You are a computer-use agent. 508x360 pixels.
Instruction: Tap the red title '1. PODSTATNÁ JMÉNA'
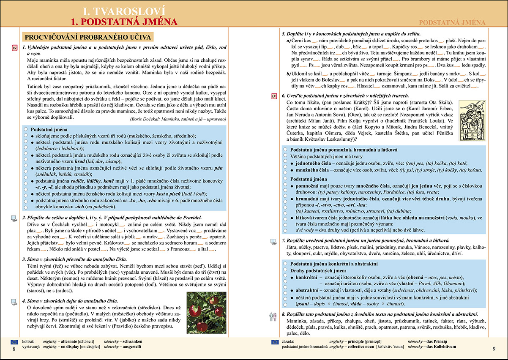[x=124, y=22]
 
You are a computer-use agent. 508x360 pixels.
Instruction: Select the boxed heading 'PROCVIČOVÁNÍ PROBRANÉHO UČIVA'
[x=88, y=37]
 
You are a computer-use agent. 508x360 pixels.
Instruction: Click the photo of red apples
[x=201, y=312]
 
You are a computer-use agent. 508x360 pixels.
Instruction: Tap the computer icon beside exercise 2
[x=13, y=218]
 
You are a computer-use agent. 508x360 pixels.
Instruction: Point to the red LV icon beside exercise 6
[x=273, y=96]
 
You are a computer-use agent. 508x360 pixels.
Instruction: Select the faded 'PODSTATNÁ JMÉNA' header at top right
[x=452, y=22]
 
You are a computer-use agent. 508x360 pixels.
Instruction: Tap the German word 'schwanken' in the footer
[x=131, y=341]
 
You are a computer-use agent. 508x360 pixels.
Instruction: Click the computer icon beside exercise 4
[x=13, y=301]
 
